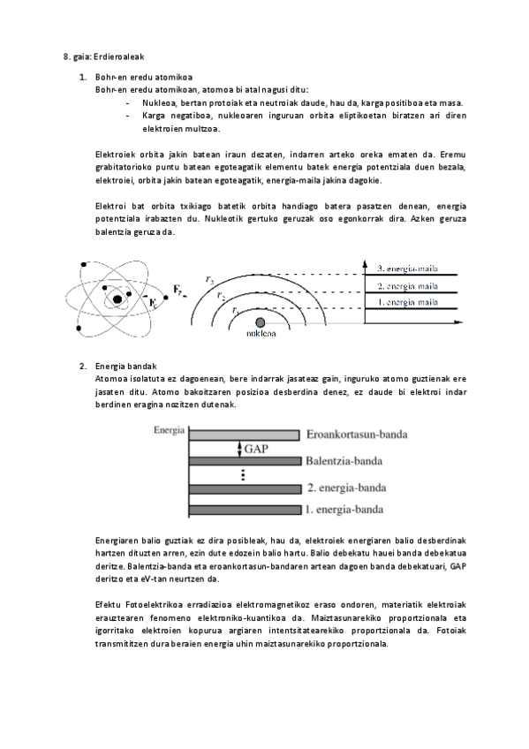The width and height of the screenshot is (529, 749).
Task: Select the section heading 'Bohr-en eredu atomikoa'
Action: [x=143, y=78]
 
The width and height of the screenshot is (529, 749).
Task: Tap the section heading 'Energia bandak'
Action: [x=123, y=366]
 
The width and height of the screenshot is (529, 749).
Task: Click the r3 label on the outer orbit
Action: [x=208, y=280]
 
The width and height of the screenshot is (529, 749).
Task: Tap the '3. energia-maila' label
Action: [x=408, y=269]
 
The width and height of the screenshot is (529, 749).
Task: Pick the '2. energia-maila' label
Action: [x=408, y=286]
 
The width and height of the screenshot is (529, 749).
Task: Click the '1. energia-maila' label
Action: [x=408, y=303]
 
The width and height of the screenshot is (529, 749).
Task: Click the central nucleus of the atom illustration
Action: [x=117, y=300]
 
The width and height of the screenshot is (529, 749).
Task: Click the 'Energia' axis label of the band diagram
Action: [x=169, y=430]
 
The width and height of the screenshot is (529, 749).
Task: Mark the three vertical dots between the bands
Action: [x=242, y=475]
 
